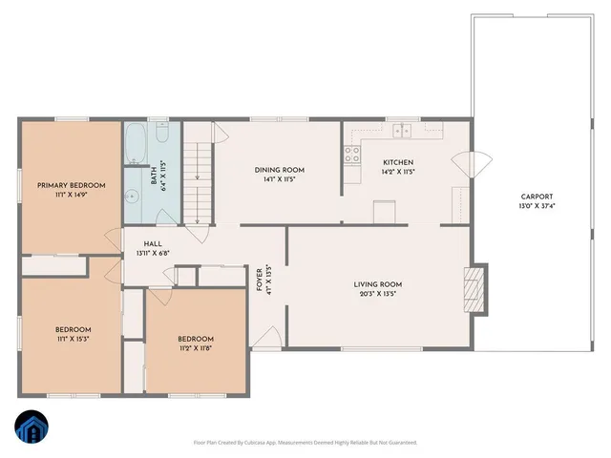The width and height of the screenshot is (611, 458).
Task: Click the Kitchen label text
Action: pos(398,162)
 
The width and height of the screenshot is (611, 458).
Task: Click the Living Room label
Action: pos(377,284)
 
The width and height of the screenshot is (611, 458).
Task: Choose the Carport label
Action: pos(533,197)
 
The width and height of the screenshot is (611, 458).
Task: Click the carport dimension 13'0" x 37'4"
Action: pos(533,206)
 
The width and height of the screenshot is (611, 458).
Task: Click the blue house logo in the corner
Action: pos(32,427)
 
